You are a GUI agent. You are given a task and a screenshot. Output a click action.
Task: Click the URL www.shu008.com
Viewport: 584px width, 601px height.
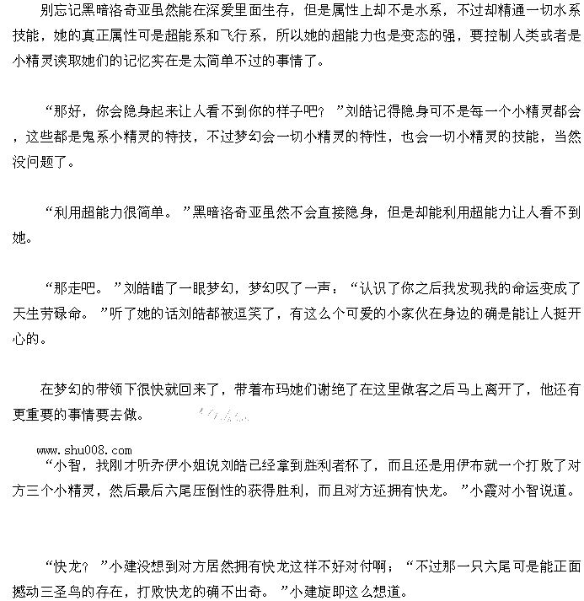tap(84, 450)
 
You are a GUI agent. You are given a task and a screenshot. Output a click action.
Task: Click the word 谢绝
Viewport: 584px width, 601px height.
tap(354, 390)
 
